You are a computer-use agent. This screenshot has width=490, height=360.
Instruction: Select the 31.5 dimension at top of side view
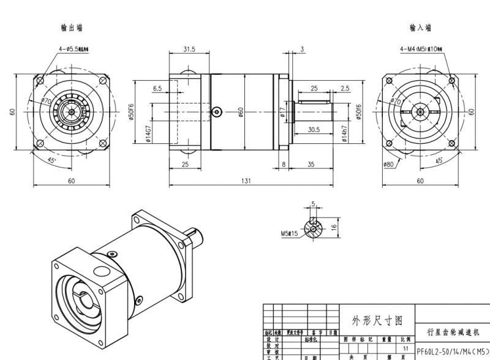189,50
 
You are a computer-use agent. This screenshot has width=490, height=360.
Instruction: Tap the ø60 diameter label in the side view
241,112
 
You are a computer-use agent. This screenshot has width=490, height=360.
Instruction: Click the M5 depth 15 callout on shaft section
289,233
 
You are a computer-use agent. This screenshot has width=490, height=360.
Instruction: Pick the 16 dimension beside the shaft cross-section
334,227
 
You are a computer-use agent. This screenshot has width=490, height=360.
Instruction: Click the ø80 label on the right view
388,164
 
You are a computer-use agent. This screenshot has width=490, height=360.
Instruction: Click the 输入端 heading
420,28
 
